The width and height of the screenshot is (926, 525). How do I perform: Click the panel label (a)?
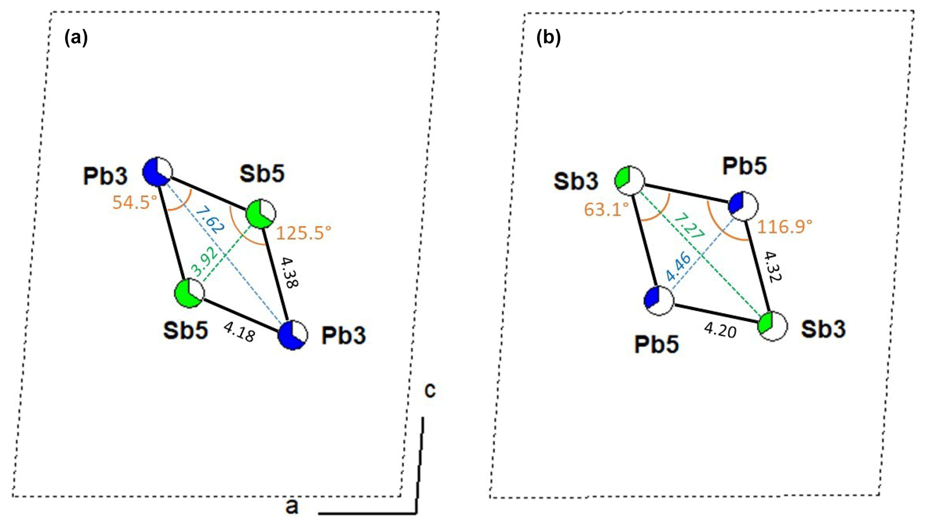point(76,38)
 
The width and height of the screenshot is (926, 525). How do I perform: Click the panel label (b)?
point(548,38)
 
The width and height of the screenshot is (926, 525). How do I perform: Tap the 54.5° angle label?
point(134,202)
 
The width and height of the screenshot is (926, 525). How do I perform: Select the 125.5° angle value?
point(304,233)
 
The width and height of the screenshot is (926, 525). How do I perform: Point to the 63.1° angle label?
point(606,209)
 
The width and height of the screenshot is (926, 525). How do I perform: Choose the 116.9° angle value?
point(784,226)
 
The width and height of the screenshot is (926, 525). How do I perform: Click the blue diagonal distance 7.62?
point(210,219)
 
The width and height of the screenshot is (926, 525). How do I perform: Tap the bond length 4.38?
point(289,272)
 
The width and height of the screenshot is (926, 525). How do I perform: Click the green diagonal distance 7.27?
point(689,226)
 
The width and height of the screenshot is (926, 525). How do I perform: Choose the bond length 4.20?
point(720,331)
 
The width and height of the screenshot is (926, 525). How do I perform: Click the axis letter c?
point(430,390)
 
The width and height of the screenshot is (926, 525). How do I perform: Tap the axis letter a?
point(292,507)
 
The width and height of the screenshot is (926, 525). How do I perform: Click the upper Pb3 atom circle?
point(157,172)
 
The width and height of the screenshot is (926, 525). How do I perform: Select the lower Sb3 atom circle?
point(772,326)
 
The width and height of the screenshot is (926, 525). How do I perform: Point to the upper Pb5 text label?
point(744,166)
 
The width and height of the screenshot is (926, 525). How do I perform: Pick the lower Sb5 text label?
point(185,331)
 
